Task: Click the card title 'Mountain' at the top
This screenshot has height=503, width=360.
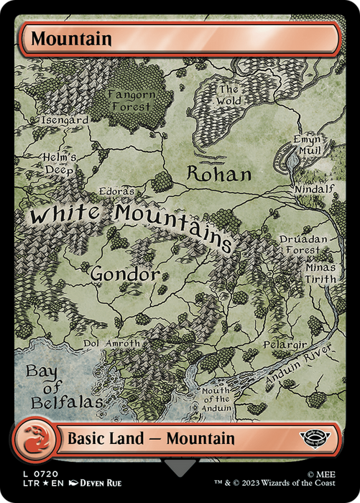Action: click(x=71, y=39)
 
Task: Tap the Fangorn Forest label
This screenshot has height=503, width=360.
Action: click(x=130, y=99)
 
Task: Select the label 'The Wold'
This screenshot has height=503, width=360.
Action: click(x=229, y=96)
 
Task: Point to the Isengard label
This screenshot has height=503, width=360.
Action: click(x=65, y=120)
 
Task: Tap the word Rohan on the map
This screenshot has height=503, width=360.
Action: click(x=219, y=174)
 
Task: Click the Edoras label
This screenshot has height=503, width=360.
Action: click(x=118, y=193)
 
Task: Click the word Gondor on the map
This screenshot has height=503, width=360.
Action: click(x=124, y=274)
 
